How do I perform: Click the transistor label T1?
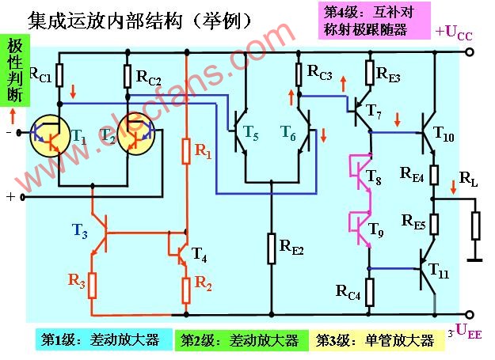80,135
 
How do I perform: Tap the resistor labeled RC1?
59,75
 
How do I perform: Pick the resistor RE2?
272,244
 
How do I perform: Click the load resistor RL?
475,225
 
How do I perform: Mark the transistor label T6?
288,133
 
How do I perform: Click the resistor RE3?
370,73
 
